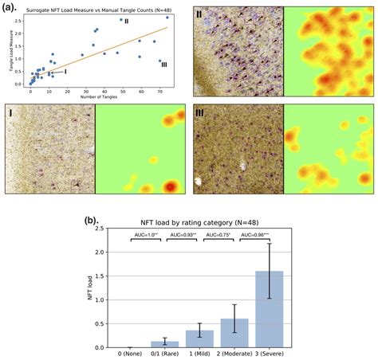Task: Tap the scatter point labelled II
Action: (120, 19)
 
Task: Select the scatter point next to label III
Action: (159, 61)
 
